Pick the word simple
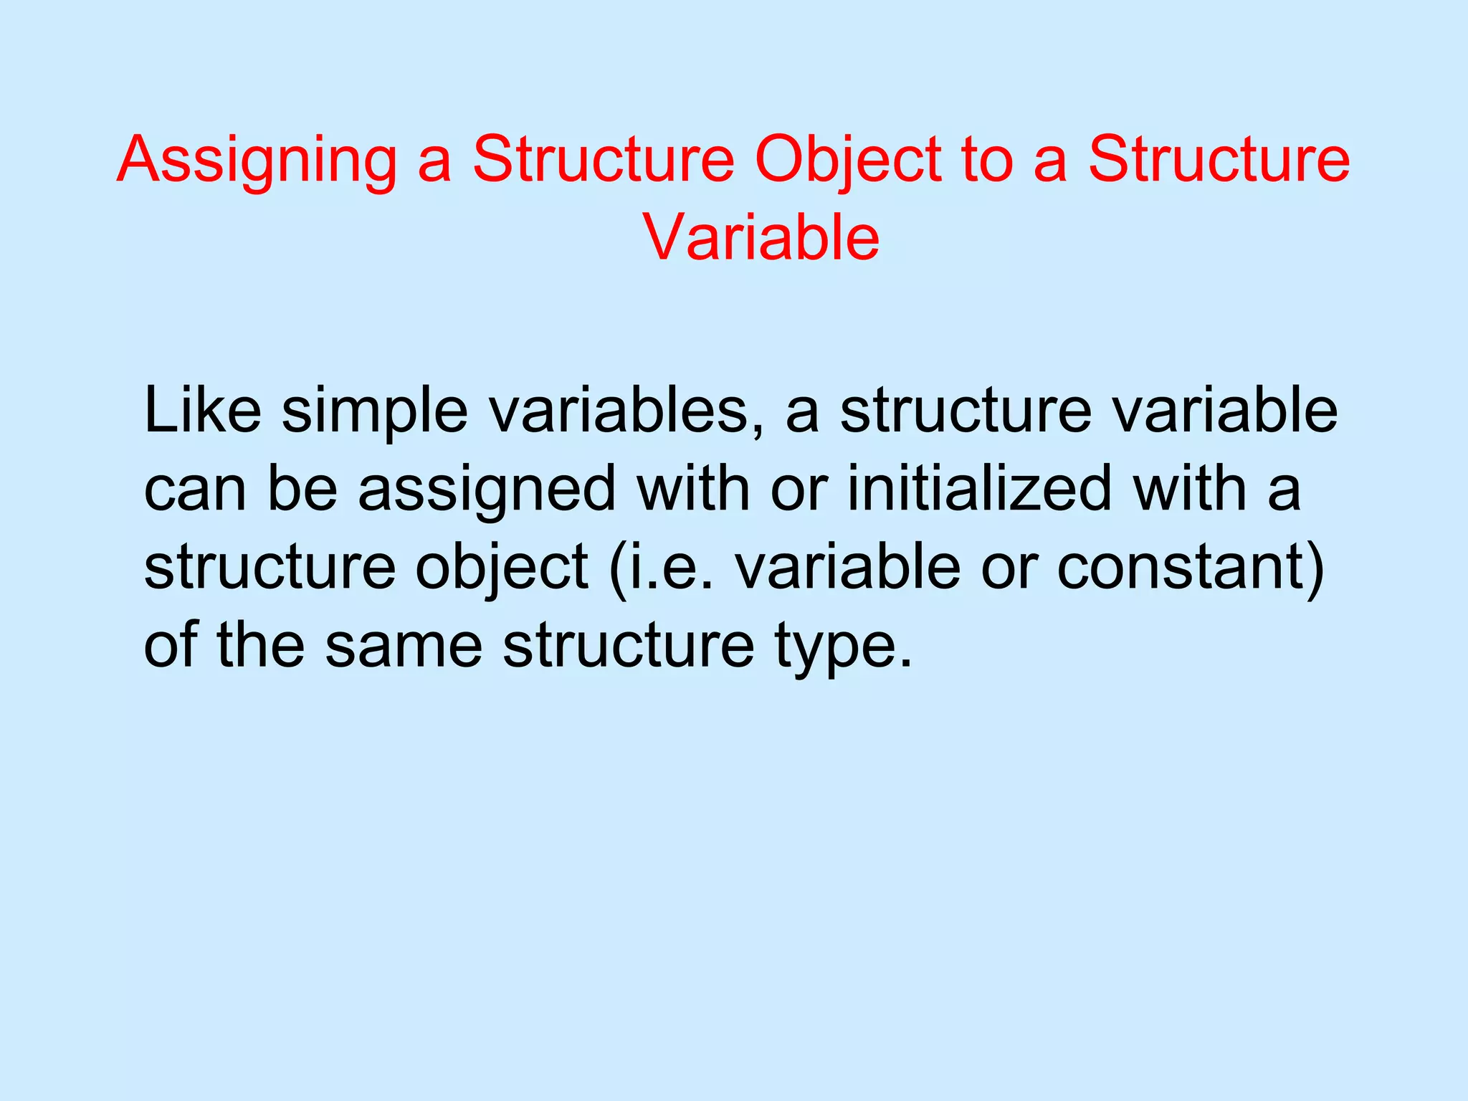click(374, 414)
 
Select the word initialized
click(979, 490)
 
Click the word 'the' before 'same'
click(261, 646)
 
